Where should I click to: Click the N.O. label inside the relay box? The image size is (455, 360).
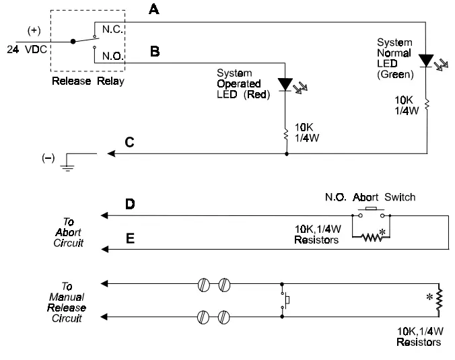pos(112,57)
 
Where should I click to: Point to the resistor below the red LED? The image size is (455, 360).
pos(287,131)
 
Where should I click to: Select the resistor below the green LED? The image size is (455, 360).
pos(425,105)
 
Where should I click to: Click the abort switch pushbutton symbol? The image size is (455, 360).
pos(371,213)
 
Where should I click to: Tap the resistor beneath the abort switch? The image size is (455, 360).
pos(373,237)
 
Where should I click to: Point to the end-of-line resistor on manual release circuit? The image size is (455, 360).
pos(439,301)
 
